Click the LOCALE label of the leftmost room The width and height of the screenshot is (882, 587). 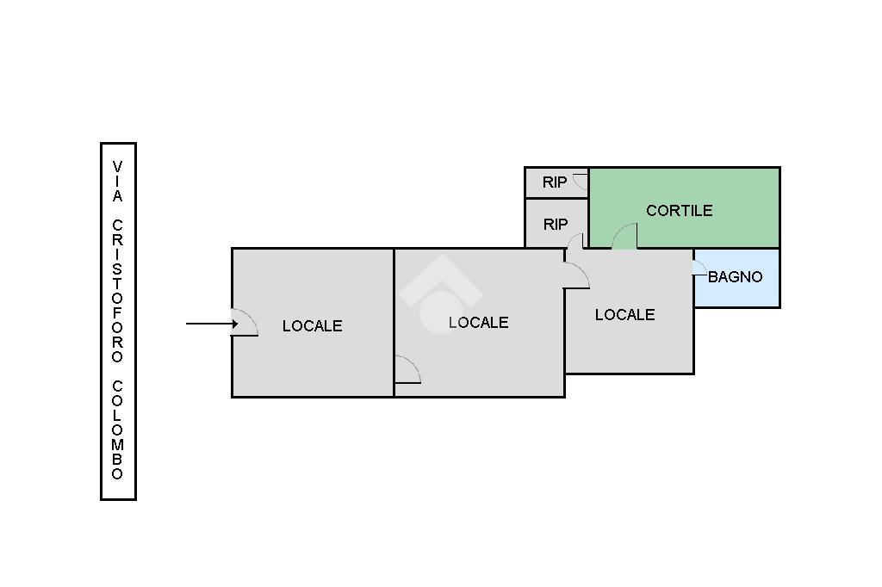[312, 326]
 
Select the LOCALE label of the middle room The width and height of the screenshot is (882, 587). [479, 323]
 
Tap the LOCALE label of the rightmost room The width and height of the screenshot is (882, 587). [625, 315]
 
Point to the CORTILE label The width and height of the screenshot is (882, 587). [680, 211]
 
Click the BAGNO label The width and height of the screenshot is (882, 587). [736, 276]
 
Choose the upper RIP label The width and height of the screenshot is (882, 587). [555, 182]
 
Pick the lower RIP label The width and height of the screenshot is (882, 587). [556, 225]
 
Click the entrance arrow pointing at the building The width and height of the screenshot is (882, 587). [212, 324]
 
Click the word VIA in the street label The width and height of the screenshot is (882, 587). [117, 182]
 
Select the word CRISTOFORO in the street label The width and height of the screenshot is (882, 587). [117, 291]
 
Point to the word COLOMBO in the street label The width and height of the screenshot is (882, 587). [117, 430]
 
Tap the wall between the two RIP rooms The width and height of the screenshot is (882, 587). [557, 198]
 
